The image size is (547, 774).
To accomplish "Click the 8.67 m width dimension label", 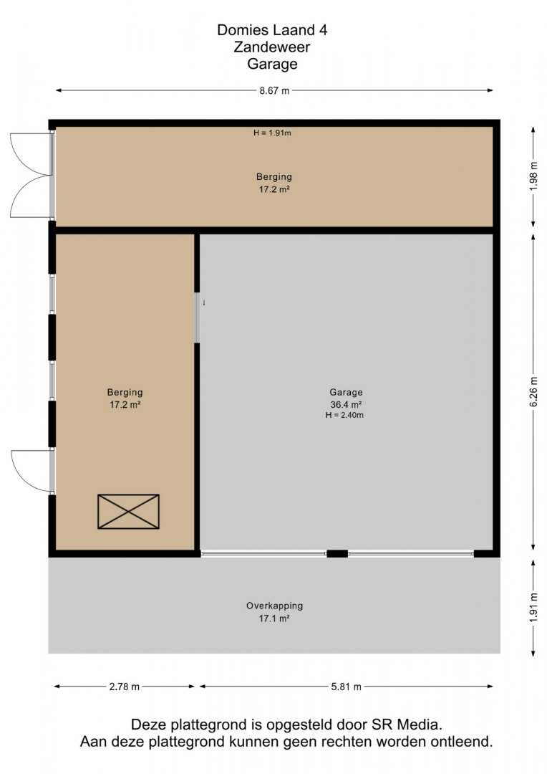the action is pyautogui.click(x=274, y=91).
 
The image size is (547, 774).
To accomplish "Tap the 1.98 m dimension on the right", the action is pyautogui.click(x=533, y=177).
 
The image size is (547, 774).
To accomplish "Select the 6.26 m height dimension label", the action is pyautogui.click(x=533, y=392).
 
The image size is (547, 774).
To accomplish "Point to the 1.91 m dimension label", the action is pyautogui.click(x=533, y=608).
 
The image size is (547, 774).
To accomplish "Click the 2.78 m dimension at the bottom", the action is pyautogui.click(x=125, y=687).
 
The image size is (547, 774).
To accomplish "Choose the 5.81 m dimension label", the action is pyautogui.click(x=347, y=687).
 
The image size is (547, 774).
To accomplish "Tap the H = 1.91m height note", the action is pyautogui.click(x=272, y=133).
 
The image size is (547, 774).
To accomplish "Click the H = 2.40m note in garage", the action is pyautogui.click(x=344, y=415).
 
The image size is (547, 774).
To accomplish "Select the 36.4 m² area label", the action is pyautogui.click(x=347, y=405).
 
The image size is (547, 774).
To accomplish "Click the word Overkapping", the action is pyautogui.click(x=275, y=606).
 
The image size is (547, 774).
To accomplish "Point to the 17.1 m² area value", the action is pyautogui.click(x=274, y=618).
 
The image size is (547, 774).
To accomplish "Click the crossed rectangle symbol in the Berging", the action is pyautogui.click(x=128, y=512).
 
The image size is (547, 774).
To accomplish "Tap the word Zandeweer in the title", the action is pyautogui.click(x=272, y=47).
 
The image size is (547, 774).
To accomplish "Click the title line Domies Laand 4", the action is pyautogui.click(x=272, y=30).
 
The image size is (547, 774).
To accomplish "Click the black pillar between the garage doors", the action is pyautogui.click(x=337, y=554).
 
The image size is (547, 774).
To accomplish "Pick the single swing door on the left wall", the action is pyautogui.click(x=32, y=471).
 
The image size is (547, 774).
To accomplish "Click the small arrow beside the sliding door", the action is pyautogui.click(x=203, y=303).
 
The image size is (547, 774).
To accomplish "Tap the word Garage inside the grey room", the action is pyautogui.click(x=347, y=393).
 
